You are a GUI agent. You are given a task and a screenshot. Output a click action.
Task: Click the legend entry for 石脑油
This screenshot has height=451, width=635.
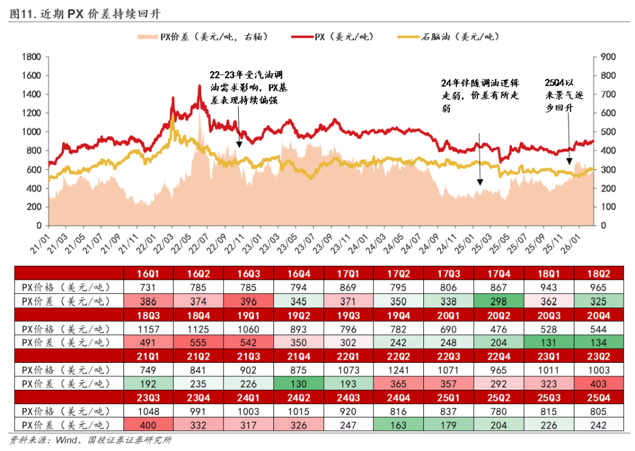pyautogui.click(x=452, y=36)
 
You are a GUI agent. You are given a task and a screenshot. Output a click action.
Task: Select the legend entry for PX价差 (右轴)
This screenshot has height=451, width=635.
pyautogui.click(x=202, y=36)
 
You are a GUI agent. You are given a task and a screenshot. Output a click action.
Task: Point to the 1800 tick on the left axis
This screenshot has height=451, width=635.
pyautogui.click(x=30, y=57)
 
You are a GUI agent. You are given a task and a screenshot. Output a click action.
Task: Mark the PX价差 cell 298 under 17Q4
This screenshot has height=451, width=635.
pyautogui.click(x=501, y=301)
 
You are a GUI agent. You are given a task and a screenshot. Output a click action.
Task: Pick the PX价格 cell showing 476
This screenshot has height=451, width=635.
pyautogui.click(x=501, y=329)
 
